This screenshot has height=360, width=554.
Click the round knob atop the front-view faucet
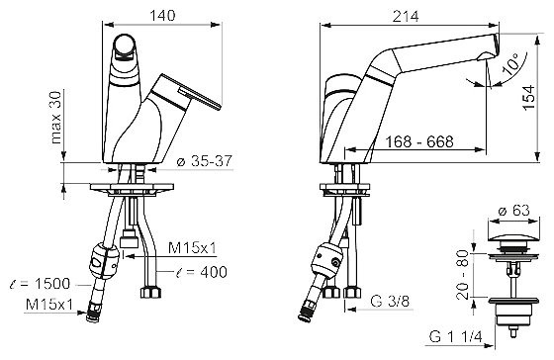coord(125,45)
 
